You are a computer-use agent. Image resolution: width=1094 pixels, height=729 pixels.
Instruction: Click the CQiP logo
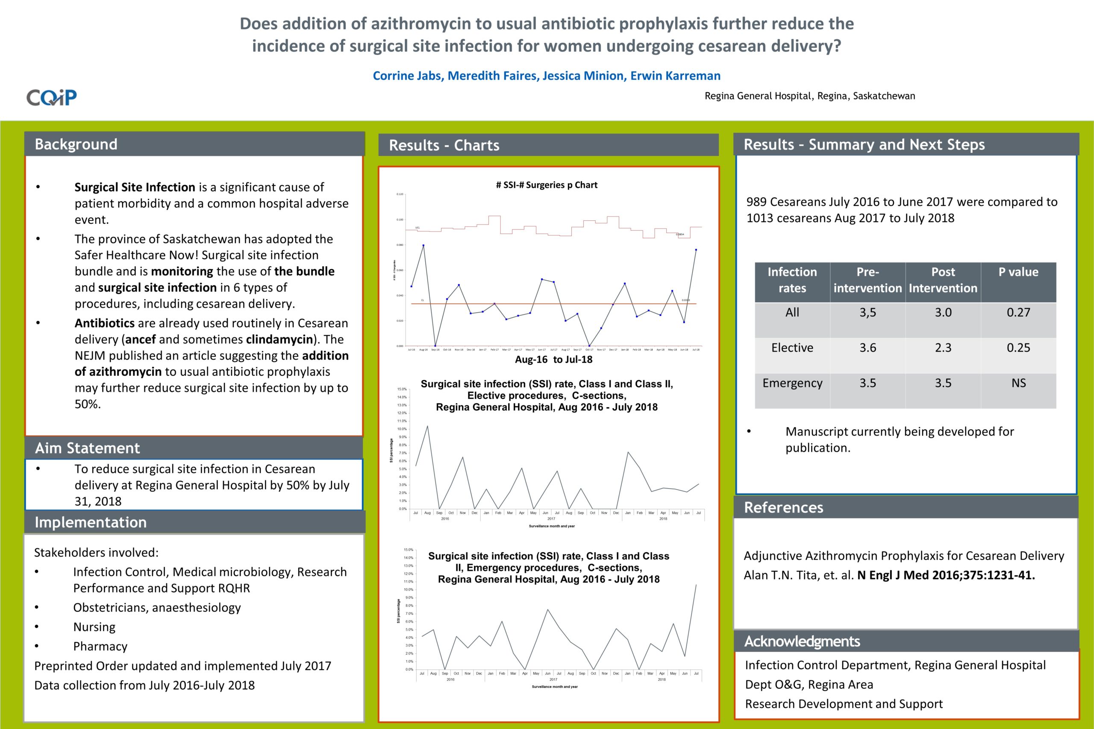pyautogui.click(x=51, y=97)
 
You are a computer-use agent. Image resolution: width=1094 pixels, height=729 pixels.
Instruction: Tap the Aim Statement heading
pyautogui.click(x=87, y=448)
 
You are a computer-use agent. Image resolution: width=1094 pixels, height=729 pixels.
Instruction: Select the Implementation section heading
pyautogui.click(x=90, y=522)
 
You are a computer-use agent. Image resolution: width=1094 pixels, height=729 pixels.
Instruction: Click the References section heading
pyautogui.click(x=783, y=507)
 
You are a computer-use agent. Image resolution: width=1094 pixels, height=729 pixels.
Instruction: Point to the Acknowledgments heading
pyautogui.click(x=802, y=641)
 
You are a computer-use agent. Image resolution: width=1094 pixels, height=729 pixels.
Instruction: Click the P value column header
pyautogui.click(x=1018, y=272)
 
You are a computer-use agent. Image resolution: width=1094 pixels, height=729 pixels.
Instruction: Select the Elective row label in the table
pyautogui.click(x=792, y=348)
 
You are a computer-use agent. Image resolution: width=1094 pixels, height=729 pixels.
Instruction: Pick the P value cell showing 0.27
pyautogui.click(x=1018, y=313)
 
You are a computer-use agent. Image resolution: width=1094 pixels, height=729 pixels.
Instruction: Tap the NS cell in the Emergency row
pyautogui.click(x=1018, y=383)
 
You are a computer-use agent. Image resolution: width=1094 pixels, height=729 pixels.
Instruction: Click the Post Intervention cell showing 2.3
pyautogui.click(x=943, y=348)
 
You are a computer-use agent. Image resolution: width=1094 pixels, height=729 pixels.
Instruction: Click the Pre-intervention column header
pyautogui.click(x=868, y=280)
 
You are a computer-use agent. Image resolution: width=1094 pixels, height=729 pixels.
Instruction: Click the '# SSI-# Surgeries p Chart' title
pyautogui.click(x=547, y=185)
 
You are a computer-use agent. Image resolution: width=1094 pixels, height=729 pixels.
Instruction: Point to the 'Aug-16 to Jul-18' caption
pyautogui.click(x=553, y=360)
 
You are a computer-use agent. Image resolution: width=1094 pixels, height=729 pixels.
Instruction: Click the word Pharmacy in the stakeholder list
pyautogui.click(x=100, y=646)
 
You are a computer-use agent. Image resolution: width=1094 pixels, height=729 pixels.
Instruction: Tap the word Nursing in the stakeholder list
pyautogui.click(x=94, y=627)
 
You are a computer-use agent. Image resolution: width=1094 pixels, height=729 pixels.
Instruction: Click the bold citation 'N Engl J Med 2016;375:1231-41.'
pyautogui.click(x=946, y=575)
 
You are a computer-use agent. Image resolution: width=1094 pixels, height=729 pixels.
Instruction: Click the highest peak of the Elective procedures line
pyautogui.click(x=427, y=426)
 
